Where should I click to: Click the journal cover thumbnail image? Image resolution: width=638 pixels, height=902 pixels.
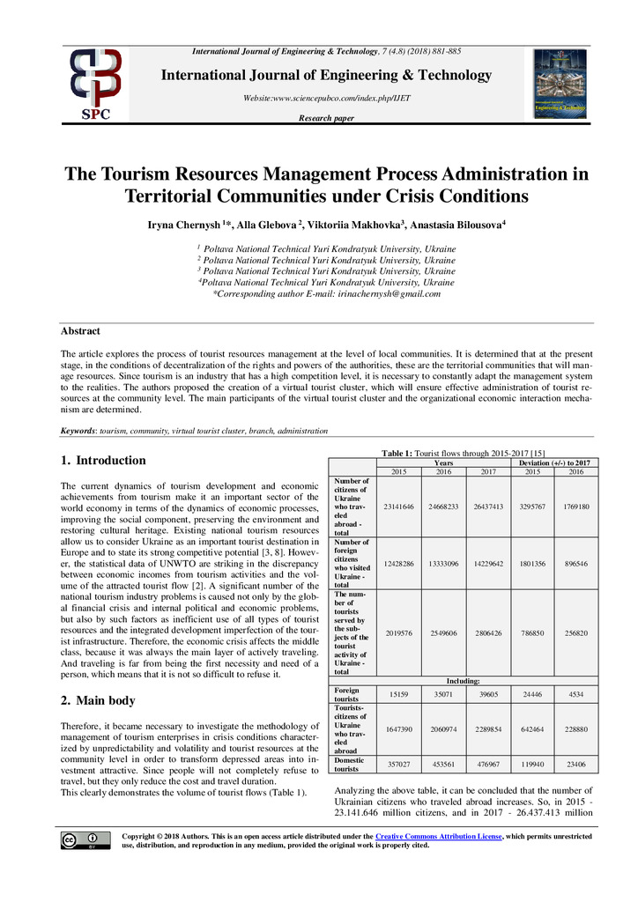click(560, 85)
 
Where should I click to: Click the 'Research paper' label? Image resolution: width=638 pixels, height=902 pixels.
click(326, 118)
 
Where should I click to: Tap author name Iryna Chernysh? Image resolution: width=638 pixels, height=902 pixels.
click(183, 225)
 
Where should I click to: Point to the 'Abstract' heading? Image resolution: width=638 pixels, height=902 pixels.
click(80, 331)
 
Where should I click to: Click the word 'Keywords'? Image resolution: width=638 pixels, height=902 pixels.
click(78, 432)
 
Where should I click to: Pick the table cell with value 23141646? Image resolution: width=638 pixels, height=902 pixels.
click(401, 506)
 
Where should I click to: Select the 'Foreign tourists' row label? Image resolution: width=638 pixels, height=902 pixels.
click(347, 696)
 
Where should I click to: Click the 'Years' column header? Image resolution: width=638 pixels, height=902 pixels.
click(444, 462)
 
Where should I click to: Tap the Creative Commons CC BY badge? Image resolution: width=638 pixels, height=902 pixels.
click(85, 840)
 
